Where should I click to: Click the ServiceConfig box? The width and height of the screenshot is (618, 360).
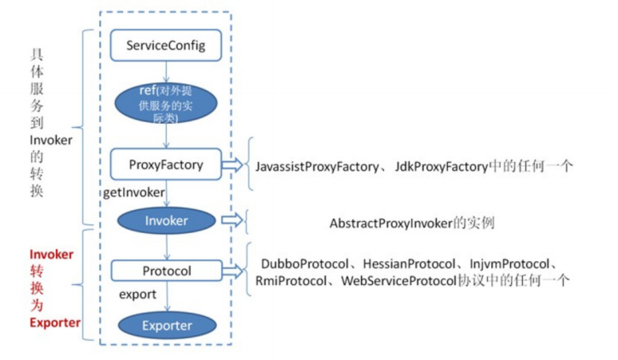166,45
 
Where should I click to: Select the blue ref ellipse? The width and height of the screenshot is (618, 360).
166,103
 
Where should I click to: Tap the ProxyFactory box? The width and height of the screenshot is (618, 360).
166,164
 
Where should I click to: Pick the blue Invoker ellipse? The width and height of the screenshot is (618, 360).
166,220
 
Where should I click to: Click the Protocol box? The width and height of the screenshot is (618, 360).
167,271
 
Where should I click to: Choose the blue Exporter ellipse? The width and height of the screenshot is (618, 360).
167,326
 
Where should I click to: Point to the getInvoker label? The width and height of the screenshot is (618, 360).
134,192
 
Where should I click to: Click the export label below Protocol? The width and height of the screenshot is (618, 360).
137,295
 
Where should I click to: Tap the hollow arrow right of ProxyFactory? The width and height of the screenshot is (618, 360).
232,164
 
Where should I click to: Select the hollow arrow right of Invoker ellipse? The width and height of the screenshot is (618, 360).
232,220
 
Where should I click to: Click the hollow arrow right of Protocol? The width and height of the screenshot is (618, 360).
232,271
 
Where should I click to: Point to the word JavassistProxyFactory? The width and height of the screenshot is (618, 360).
317,167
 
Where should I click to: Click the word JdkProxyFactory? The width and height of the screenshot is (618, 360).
442,167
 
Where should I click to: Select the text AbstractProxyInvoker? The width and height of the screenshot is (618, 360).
391,224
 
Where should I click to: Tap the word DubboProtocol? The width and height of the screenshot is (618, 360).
305,264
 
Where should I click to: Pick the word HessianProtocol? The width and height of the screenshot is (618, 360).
409,264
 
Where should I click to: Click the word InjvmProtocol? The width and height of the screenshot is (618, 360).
509,264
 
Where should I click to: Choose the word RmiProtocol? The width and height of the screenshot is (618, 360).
291,281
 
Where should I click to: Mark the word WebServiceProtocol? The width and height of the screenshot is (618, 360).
398,281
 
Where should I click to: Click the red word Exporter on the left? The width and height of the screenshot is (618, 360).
55,322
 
